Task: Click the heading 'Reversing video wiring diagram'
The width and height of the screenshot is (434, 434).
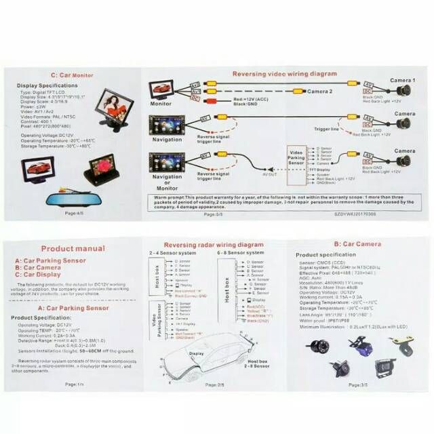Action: (x=284, y=73)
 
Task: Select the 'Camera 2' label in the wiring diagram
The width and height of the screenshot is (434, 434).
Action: (x=320, y=91)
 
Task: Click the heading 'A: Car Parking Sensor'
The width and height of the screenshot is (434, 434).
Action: (x=73, y=308)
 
